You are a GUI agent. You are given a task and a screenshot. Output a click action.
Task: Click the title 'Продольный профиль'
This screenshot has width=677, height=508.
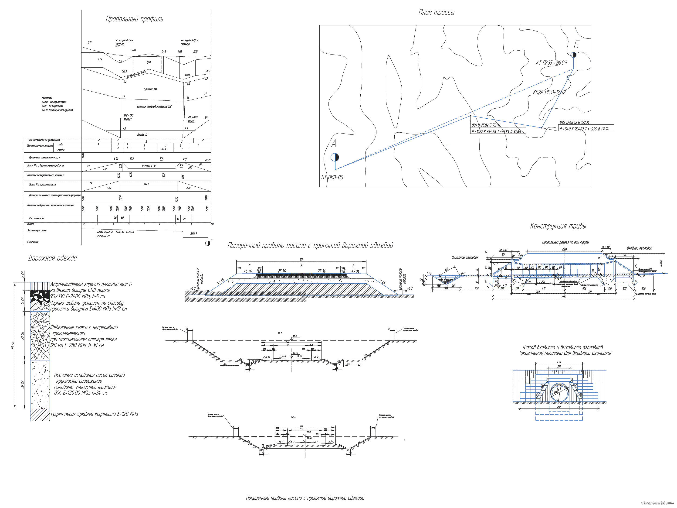134,19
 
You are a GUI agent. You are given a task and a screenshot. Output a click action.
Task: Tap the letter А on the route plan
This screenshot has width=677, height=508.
334,143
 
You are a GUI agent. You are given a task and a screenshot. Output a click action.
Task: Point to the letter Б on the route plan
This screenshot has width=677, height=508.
576,45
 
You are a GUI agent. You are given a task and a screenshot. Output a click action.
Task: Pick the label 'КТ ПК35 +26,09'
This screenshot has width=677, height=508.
551,63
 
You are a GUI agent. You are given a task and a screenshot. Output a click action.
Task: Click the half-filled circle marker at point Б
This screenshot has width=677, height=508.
574,55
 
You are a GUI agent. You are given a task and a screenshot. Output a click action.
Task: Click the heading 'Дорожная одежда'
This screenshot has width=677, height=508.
52,258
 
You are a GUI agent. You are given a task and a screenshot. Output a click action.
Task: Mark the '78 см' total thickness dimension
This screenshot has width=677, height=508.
13,346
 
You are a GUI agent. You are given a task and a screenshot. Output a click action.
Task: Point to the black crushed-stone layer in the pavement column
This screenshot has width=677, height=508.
40,295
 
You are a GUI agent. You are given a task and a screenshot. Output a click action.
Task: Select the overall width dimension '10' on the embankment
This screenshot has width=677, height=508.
301,260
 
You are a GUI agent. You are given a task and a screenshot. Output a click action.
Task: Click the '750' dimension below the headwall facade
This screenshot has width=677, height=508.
559,407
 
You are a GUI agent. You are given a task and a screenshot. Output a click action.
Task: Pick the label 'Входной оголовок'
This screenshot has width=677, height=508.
639,248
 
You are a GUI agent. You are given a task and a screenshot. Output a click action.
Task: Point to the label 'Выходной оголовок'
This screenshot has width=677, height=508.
465,257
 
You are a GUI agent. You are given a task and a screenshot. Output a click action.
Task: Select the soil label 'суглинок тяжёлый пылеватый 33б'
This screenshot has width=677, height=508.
154,107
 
